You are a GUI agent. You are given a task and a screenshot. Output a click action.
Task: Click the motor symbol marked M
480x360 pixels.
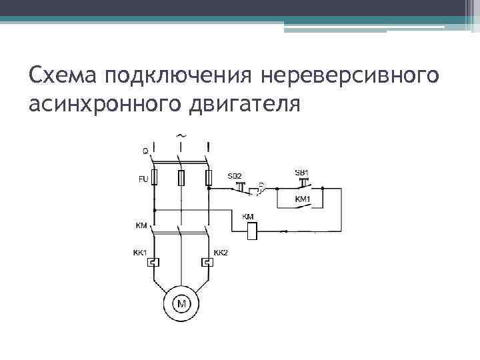pyautogui.click(x=181, y=305)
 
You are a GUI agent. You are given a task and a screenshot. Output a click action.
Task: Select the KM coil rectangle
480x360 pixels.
pyautogui.click(x=252, y=231)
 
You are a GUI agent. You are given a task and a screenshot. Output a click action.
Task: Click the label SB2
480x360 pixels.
pyautogui.click(x=235, y=175)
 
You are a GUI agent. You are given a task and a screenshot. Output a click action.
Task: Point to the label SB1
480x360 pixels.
pyautogui.click(x=301, y=173)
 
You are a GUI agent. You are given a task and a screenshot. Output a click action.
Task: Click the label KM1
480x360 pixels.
pyautogui.click(x=303, y=199)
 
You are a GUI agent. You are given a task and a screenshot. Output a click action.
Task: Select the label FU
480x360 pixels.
pyautogui.click(x=143, y=179)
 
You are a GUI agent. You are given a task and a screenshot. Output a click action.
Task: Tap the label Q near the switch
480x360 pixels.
pyautogui.click(x=146, y=151)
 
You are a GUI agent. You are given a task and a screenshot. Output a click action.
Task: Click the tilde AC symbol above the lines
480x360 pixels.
pyautogui.click(x=181, y=135)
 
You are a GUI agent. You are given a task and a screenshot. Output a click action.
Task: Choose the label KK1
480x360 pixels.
pyautogui.click(x=141, y=253)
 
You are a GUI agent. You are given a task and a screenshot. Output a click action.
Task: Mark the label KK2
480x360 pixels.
pyautogui.click(x=221, y=253)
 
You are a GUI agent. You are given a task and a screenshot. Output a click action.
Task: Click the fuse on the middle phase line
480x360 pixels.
pyautogui.click(x=181, y=178)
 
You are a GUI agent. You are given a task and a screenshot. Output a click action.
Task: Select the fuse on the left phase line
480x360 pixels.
pyautogui.click(x=154, y=178)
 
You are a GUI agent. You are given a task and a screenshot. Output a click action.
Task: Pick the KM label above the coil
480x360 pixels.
pyautogui.click(x=248, y=217)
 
